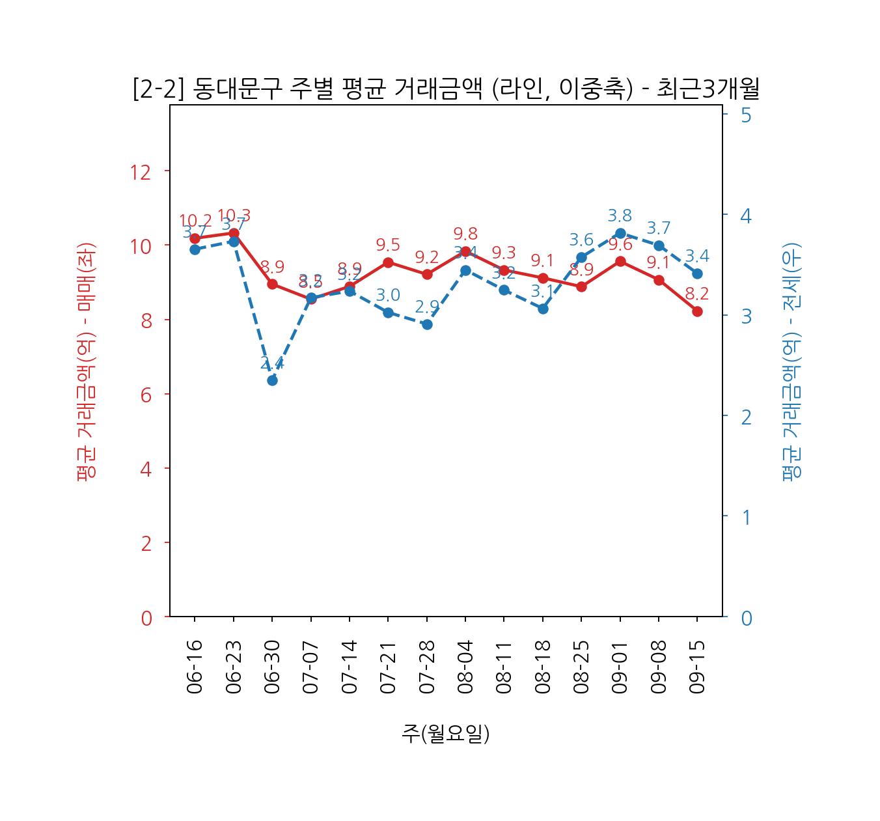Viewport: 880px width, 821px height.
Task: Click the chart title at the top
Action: [446, 89]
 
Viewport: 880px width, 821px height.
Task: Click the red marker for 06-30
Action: [272, 284]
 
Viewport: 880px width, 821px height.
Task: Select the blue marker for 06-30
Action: [272, 380]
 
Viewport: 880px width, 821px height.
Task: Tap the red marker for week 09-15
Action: [697, 311]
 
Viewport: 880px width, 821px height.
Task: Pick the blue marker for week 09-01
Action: [620, 233]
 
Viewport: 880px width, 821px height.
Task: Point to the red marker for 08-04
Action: [465, 251]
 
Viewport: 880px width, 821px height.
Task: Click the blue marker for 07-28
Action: [427, 324]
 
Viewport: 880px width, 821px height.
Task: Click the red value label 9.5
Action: [388, 245]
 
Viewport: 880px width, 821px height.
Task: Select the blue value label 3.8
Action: [620, 216]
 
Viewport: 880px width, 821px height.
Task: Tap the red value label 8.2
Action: [696, 294]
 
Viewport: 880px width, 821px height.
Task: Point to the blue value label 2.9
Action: [427, 307]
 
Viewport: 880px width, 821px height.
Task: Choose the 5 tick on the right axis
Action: [746, 115]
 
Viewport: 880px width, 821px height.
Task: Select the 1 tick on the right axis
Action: [746, 517]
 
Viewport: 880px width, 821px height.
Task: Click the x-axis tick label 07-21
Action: [388, 667]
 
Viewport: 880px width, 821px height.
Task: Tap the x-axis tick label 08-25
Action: [581, 667]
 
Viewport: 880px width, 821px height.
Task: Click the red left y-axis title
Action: [87, 361]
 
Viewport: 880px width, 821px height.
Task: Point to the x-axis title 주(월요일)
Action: [446, 734]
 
